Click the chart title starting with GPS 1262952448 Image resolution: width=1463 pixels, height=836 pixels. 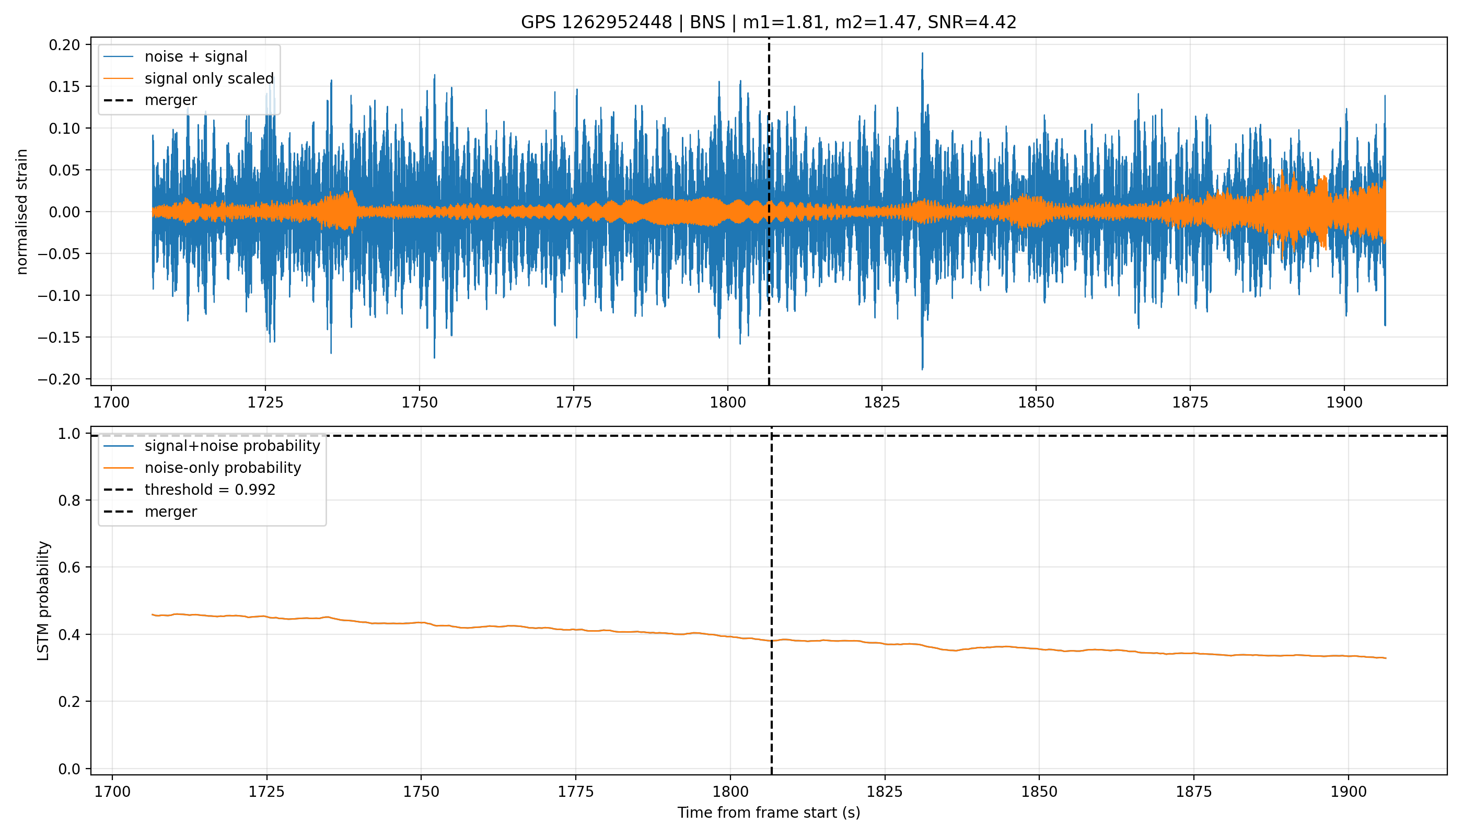768,22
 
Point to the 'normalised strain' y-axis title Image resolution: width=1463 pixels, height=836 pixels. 22,212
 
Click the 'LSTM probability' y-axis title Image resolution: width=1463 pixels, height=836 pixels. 44,600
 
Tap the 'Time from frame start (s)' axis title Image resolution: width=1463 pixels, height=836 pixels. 768,812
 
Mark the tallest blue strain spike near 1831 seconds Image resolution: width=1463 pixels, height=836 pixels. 922,53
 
